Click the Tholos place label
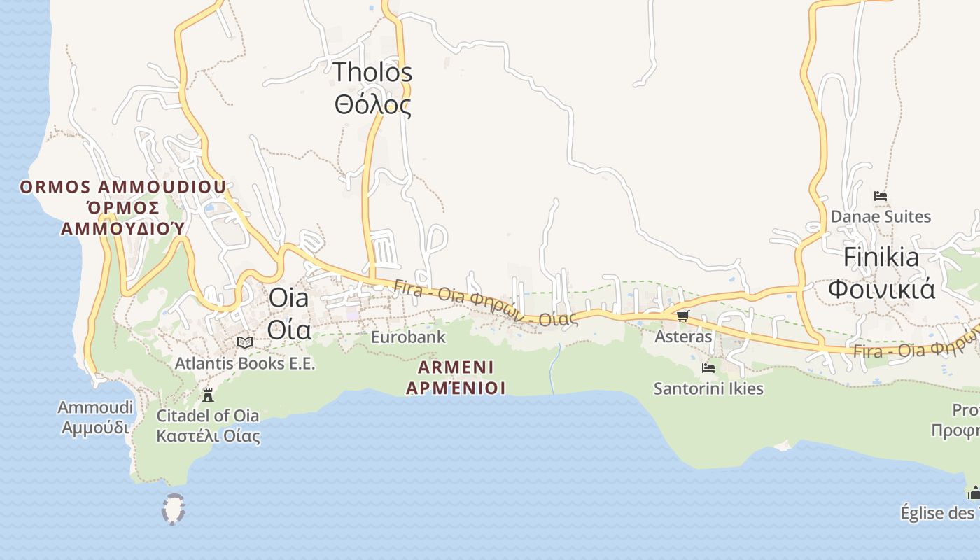(x=372, y=71)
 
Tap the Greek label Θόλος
(x=372, y=105)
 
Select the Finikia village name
(x=881, y=257)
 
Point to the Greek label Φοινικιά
(x=881, y=288)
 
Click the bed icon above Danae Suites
(x=881, y=196)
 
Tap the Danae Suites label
(x=881, y=216)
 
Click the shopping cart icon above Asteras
(x=683, y=316)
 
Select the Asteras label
(x=683, y=337)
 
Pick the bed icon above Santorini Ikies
(x=708, y=368)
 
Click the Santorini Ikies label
(x=708, y=388)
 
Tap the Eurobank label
(x=408, y=337)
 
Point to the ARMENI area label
(x=456, y=367)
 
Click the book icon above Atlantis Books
(x=245, y=342)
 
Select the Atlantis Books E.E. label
(x=245, y=364)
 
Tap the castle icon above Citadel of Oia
(x=208, y=395)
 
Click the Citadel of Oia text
(x=208, y=416)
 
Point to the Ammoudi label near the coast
(x=95, y=408)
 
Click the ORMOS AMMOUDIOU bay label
(x=123, y=188)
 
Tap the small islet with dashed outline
(x=173, y=509)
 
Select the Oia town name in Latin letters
(x=288, y=298)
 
